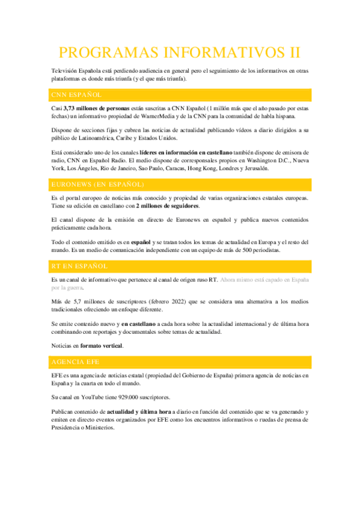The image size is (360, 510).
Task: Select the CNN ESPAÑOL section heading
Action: coord(76,95)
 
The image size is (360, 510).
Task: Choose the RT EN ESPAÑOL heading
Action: coord(79,265)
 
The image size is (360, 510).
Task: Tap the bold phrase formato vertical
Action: coord(102,346)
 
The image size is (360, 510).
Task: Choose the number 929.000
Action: coord(125,398)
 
